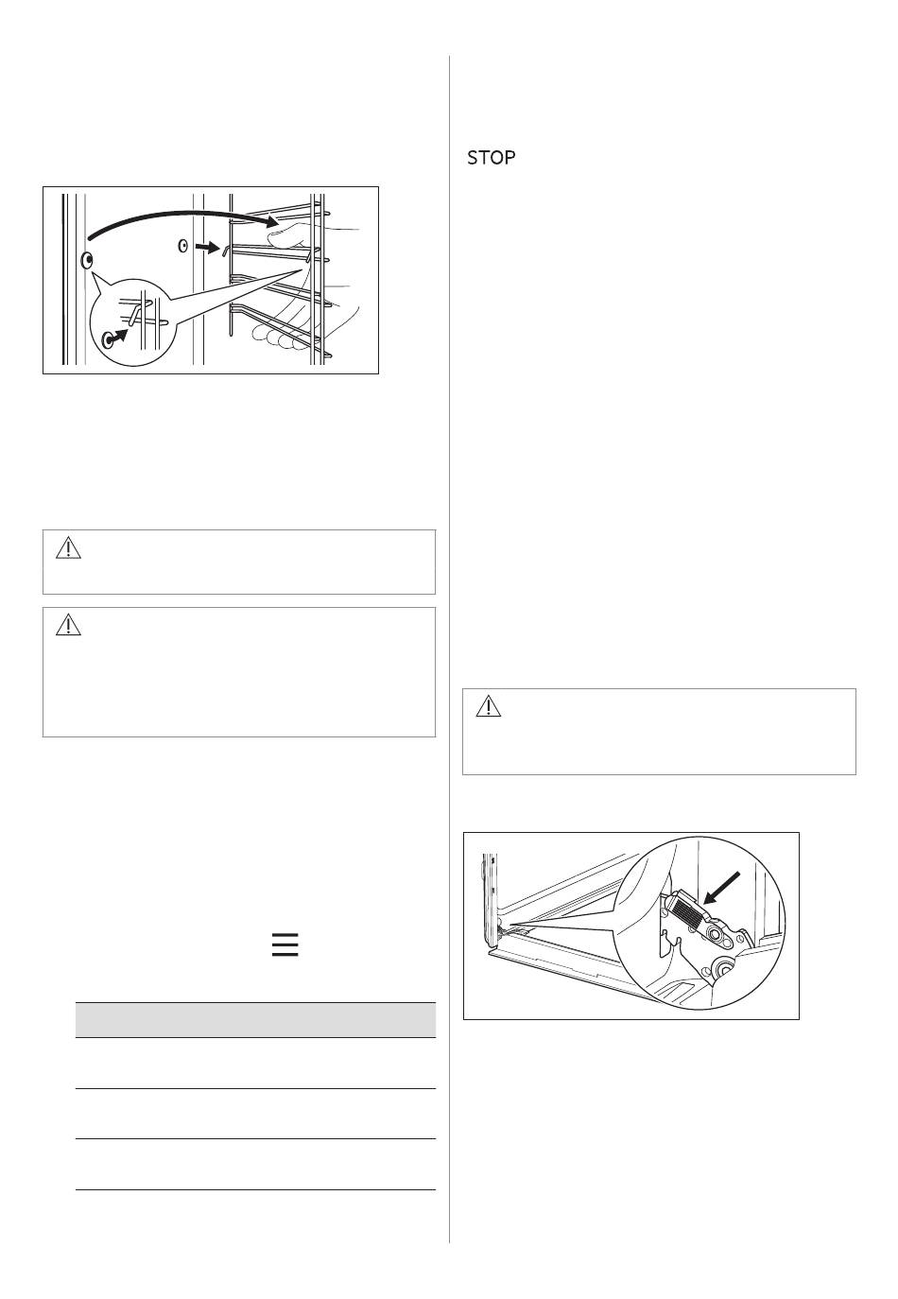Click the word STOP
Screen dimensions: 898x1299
pos(491,157)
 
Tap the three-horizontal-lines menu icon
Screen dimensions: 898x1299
pos(285,944)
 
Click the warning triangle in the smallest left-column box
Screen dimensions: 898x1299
pos(68,548)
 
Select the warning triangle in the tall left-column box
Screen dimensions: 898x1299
pos(68,625)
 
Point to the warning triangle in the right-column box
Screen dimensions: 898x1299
pos(488,706)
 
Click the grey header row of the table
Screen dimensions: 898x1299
pos(255,1019)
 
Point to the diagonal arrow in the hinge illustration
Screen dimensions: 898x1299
pos(722,889)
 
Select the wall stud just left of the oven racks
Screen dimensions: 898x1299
pos(183,247)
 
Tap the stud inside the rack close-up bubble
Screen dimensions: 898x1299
pos(108,340)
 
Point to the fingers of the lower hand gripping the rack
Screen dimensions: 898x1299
pos(278,337)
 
